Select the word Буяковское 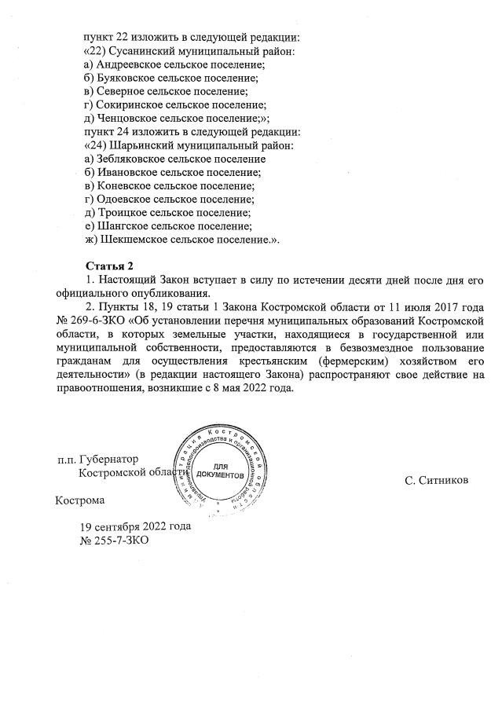tap(126, 78)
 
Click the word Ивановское tap(126, 171)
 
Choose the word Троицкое tap(120, 212)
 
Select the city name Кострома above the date tap(79, 500)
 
